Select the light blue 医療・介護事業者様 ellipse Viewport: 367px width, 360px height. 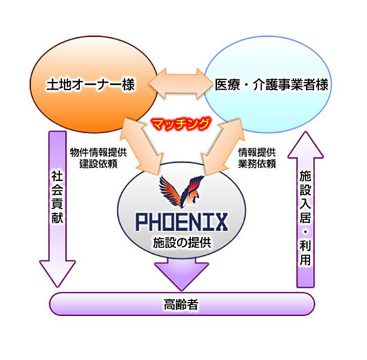(x=268, y=85)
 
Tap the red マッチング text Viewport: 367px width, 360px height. (x=180, y=124)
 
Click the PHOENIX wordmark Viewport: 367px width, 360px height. (x=181, y=221)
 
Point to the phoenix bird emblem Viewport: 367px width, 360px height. (x=181, y=191)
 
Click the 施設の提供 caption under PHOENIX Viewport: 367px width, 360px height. (x=182, y=243)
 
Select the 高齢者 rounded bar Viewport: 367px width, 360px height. (x=182, y=304)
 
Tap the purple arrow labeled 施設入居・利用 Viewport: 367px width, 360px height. (x=306, y=209)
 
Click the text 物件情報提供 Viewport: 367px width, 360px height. (x=98, y=153)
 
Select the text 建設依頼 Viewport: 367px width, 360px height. (x=98, y=164)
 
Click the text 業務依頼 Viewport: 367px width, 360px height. (x=257, y=164)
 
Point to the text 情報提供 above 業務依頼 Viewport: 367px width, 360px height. (x=257, y=153)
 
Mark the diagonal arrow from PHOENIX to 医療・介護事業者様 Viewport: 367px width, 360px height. (x=221, y=147)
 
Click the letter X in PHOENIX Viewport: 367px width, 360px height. (x=220, y=221)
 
